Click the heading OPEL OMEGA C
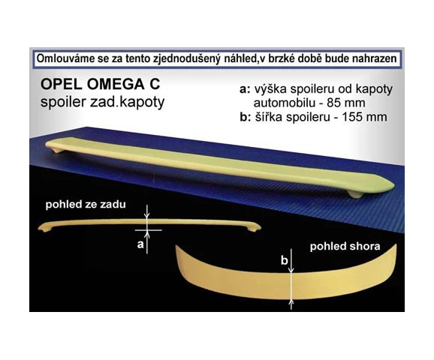[x=100, y=84]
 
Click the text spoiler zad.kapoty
[x=102, y=103]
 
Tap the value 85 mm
[x=346, y=103]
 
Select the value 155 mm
[x=364, y=117]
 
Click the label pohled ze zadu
[x=86, y=205]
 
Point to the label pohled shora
[x=345, y=246]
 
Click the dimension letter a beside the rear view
[x=140, y=244]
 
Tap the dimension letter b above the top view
[x=285, y=260]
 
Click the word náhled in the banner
[x=235, y=59]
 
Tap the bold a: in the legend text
[x=246, y=89]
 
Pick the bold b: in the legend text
[x=246, y=117]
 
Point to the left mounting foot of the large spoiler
[x=58, y=150]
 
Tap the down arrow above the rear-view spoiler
[x=147, y=212]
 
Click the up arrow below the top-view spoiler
[x=291, y=304]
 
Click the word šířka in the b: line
[x=267, y=117]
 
